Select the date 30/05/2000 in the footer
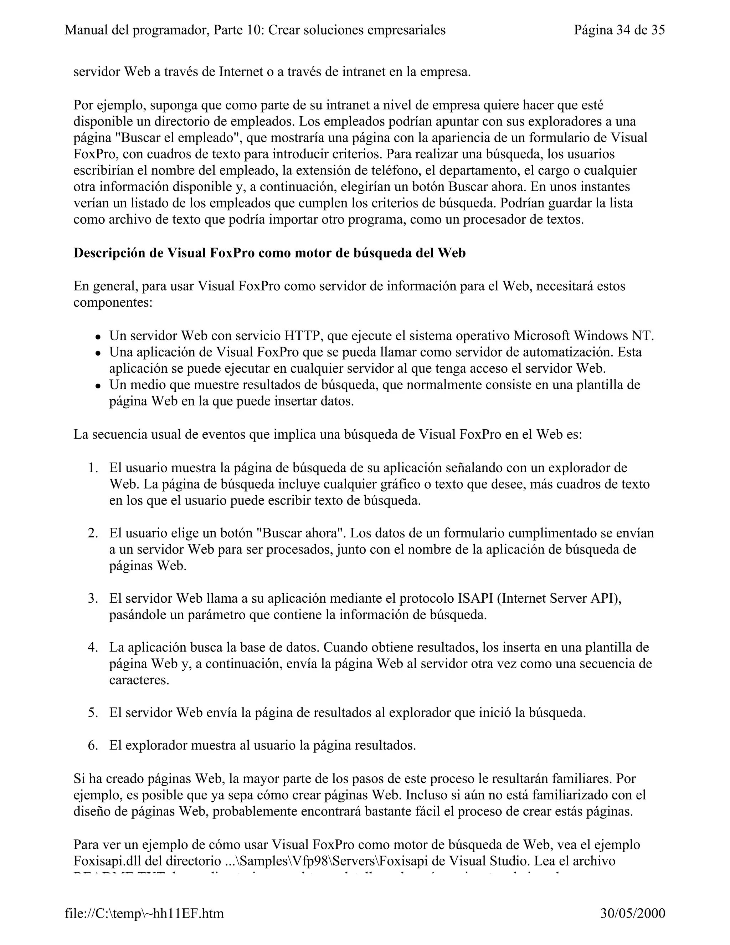pos(633,913)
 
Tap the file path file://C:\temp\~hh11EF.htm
pos(144,913)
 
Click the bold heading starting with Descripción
pos(269,253)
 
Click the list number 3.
pos(93,598)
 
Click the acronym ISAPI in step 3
pos(475,598)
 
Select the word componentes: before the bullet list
pos(113,302)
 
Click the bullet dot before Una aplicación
pos(99,353)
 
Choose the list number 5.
pos(93,712)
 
